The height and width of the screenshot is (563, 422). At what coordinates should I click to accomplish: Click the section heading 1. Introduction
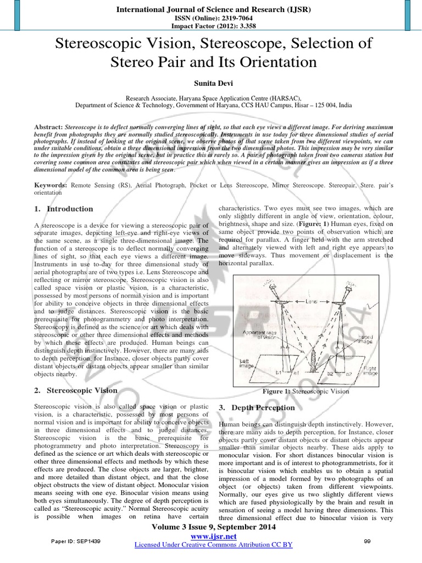tap(63, 209)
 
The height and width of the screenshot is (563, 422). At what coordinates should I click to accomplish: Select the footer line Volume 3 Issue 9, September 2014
tap(212, 527)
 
